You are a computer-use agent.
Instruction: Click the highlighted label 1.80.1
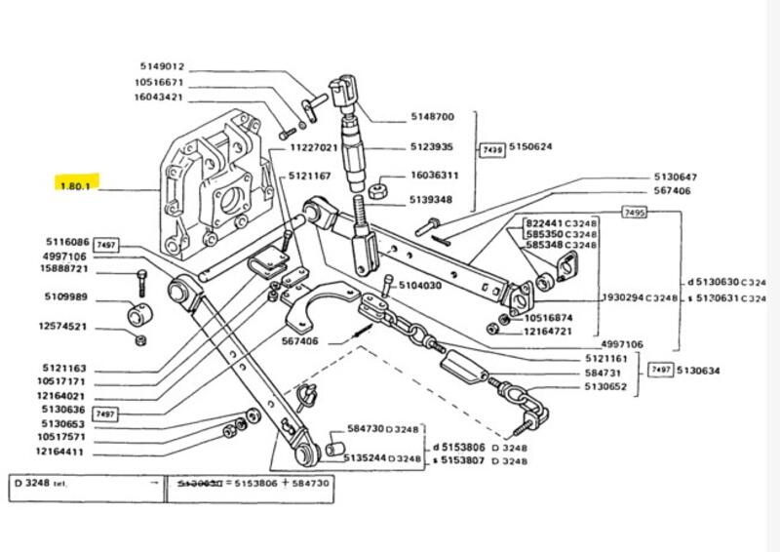[75, 185]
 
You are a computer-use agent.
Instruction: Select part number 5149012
[160, 66]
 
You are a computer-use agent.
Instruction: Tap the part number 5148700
[432, 117]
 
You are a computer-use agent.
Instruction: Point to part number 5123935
[432, 147]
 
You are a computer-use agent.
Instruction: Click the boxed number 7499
[490, 147]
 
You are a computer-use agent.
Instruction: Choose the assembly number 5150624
[531, 147]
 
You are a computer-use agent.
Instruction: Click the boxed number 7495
[635, 212]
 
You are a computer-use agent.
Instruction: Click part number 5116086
[67, 242]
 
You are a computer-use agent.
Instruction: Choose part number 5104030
[418, 286]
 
